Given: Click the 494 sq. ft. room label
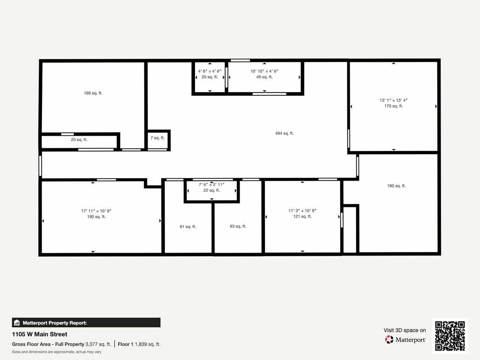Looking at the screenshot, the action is (x=284, y=133).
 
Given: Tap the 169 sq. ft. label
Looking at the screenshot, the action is (x=93, y=93).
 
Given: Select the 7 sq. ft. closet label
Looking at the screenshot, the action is (x=157, y=138).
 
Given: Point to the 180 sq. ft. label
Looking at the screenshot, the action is (x=396, y=186).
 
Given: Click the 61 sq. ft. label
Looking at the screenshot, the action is (x=188, y=226).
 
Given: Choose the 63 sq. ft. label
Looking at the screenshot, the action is (x=238, y=226).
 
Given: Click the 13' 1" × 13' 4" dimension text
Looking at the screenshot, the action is (x=394, y=100).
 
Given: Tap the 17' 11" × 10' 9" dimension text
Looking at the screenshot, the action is (x=96, y=211).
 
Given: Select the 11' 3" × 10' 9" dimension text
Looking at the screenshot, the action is (x=302, y=211).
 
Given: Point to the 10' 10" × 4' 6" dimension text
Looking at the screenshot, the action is (x=264, y=71).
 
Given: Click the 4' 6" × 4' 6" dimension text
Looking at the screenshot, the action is (x=210, y=71).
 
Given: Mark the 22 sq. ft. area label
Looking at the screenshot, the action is (x=211, y=190).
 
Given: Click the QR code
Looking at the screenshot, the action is (x=450, y=336).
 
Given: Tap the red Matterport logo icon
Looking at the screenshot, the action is (x=389, y=339).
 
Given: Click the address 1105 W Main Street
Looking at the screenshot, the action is (x=40, y=334).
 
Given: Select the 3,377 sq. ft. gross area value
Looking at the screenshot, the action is (x=98, y=344).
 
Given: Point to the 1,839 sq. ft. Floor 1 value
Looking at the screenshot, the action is (x=148, y=344).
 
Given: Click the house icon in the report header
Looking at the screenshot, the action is (x=17, y=322).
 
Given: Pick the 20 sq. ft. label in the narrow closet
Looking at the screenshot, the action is (x=79, y=139).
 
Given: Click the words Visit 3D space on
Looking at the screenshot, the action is (x=405, y=330).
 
